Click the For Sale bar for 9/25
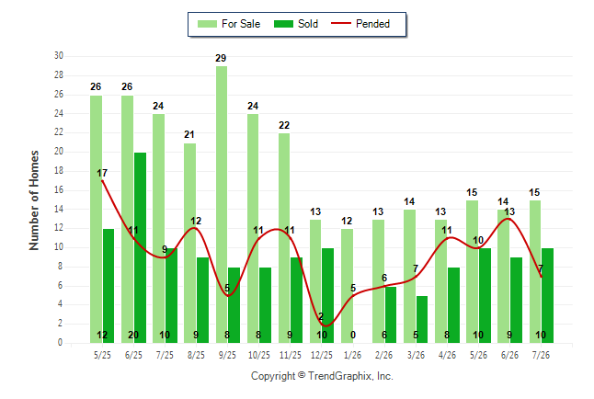pyautogui.click(x=222, y=205)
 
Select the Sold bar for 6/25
pyautogui.click(x=140, y=248)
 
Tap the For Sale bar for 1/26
pyautogui.click(x=347, y=286)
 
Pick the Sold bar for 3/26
pyautogui.click(x=422, y=319)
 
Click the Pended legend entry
pyautogui.click(x=360, y=24)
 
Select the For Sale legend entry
pyautogui.click(x=229, y=24)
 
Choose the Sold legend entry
pyautogui.click(x=296, y=24)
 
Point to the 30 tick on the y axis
pyautogui.click(x=59, y=56)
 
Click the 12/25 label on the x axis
pyautogui.click(x=321, y=355)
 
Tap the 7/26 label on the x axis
pyautogui.click(x=541, y=355)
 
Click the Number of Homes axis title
pyautogui.click(x=34, y=200)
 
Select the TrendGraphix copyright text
pyautogui.click(x=322, y=376)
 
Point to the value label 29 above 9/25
pyautogui.click(x=221, y=58)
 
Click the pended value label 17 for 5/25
pyautogui.click(x=102, y=173)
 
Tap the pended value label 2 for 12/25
pyautogui.click(x=321, y=316)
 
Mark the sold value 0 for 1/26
pyautogui.click(x=353, y=335)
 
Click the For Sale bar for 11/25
pyautogui.click(x=284, y=238)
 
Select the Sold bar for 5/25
pyautogui.click(x=109, y=286)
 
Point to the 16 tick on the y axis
pyautogui.click(x=59, y=189)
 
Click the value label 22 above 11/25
pyautogui.click(x=284, y=125)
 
